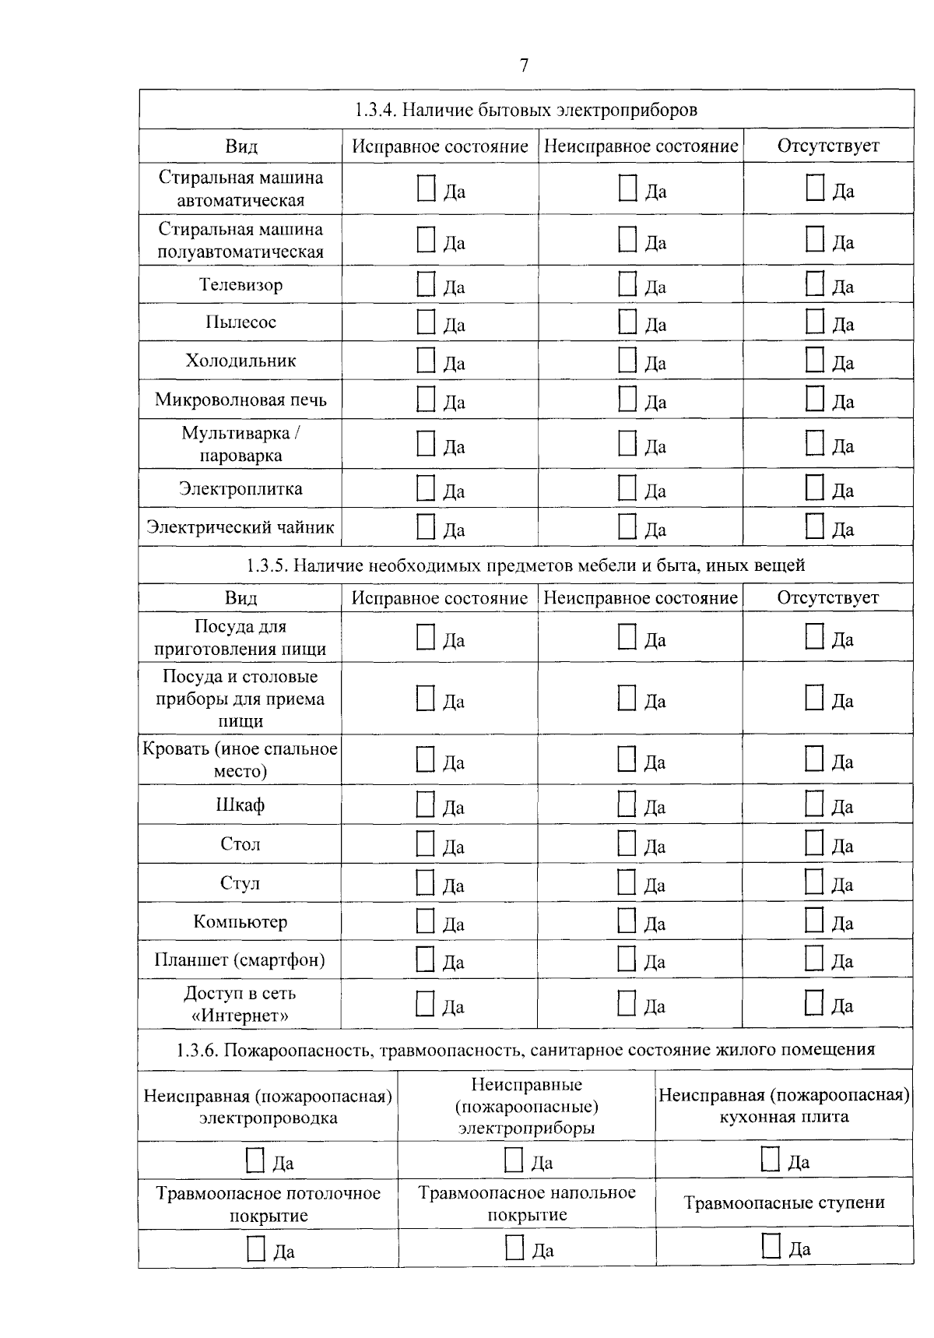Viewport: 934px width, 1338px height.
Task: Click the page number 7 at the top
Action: pyautogui.click(x=524, y=65)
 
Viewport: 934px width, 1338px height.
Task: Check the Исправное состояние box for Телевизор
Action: pyautogui.click(x=426, y=284)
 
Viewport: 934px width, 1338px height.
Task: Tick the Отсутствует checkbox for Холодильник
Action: pyautogui.click(x=814, y=361)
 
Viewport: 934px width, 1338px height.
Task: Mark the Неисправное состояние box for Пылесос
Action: pyautogui.click(x=627, y=322)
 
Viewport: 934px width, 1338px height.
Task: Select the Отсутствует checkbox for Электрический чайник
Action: pyautogui.click(x=814, y=526)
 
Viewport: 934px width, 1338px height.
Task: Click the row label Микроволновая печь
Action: pyautogui.click(x=241, y=400)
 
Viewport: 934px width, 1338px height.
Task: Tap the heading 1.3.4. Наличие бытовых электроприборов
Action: pyautogui.click(x=526, y=110)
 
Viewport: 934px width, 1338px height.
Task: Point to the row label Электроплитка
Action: pyautogui.click(x=241, y=489)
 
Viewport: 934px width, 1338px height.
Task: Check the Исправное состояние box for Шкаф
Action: pyautogui.click(x=425, y=805)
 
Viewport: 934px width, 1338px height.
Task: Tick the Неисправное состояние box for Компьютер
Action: pyautogui.click(x=627, y=921)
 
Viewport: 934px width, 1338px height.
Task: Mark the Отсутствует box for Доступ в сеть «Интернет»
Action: pyautogui.click(x=813, y=1003)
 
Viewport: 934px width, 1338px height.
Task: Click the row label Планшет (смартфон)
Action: pyautogui.click(x=240, y=959)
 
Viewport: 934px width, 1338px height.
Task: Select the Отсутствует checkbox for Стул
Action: pyautogui.click(x=813, y=882)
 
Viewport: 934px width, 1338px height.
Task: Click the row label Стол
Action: pyautogui.click(x=240, y=844)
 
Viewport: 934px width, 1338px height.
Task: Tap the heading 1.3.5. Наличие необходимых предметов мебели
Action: pyautogui.click(x=526, y=565)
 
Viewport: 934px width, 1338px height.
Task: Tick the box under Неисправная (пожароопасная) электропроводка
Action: pyautogui.click(x=255, y=1160)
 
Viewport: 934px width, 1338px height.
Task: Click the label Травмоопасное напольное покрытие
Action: pyautogui.click(x=527, y=1203)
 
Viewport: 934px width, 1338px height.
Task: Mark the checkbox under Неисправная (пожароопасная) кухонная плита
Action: pyautogui.click(x=770, y=1160)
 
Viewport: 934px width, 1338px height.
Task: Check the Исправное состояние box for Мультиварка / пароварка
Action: pyautogui.click(x=426, y=444)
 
